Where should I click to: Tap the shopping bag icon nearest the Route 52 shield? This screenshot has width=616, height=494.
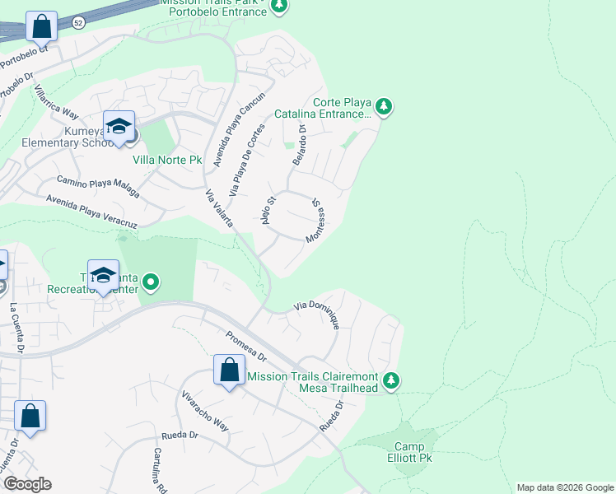point(41,27)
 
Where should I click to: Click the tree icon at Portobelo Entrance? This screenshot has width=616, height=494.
point(279,7)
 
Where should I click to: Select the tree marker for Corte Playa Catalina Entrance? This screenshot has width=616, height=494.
point(383,106)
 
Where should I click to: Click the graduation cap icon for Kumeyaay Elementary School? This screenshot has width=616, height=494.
point(119,127)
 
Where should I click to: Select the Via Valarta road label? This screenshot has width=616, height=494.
point(219,208)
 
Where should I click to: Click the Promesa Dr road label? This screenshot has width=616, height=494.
point(246,347)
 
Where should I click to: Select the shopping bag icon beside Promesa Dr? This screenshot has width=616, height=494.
point(229,370)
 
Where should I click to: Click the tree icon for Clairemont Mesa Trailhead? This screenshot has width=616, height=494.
point(392,380)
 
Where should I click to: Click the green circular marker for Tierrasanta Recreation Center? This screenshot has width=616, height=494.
point(150,283)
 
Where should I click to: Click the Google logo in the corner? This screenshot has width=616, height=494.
point(27,484)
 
